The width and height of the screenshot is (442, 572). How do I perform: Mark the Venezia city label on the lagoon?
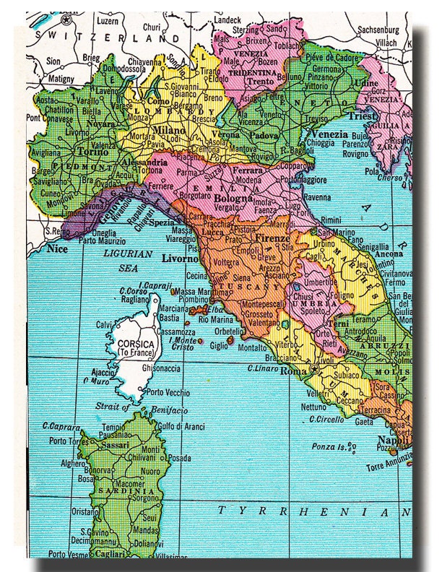pos(329,134)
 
